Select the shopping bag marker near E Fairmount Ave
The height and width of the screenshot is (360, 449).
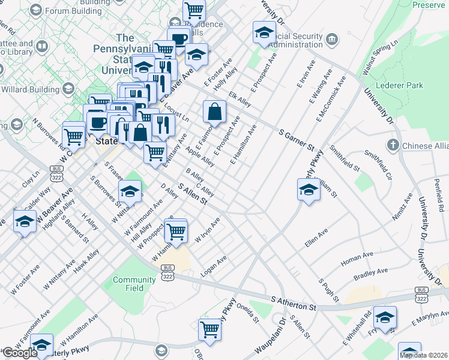pyautogui.click(x=214, y=111)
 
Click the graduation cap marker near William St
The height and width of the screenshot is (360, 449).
pyautogui.click(x=308, y=190)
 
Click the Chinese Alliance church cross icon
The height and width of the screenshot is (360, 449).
pyautogui.click(x=393, y=145)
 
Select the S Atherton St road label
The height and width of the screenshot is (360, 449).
pyautogui.click(x=294, y=303)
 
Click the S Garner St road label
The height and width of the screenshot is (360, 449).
pyautogui.click(x=297, y=139)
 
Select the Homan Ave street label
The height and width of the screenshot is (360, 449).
pyautogui.click(x=357, y=259)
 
